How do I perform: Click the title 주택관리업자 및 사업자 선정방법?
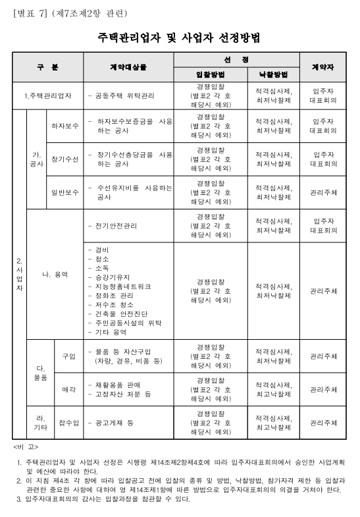pos(180,37)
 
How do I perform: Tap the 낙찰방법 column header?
pos(273,74)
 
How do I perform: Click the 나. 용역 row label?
pos(55,274)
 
